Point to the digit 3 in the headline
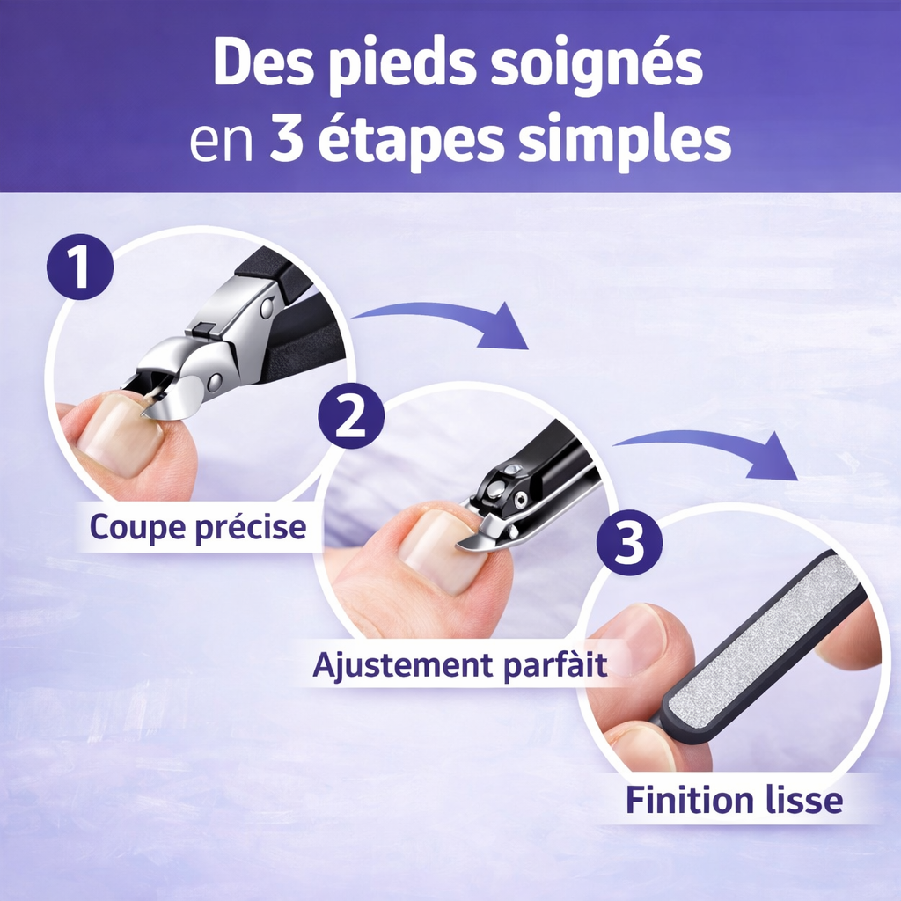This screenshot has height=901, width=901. click(283, 141)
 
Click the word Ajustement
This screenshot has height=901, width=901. click(396, 664)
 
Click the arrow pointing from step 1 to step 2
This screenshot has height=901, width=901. click(449, 319)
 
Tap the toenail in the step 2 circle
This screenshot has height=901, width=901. click(440, 550)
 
